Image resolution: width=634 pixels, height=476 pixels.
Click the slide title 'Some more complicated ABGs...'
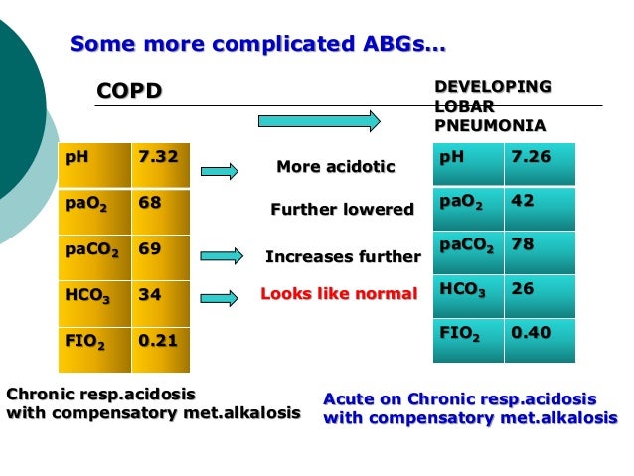pyautogui.click(x=257, y=45)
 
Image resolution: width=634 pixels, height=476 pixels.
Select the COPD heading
pyautogui.click(x=128, y=92)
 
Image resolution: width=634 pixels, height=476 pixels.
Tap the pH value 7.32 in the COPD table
pyautogui.click(x=158, y=157)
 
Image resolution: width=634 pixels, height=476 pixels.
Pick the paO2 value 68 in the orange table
pyautogui.click(x=150, y=203)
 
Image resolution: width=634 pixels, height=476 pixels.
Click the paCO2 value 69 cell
pyautogui.click(x=150, y=249)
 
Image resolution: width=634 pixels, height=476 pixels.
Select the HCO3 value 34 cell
pyautogui.click(x=150, y=295)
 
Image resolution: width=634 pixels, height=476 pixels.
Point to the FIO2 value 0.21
pyautogui.click(x=158, y=341)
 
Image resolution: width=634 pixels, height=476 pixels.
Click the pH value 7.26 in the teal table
pyautogui.click(x=530, y=157)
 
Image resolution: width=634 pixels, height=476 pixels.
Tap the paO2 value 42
pyautogui.click(x=522, y=201)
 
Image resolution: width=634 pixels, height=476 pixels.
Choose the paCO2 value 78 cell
pyautogui.click(x=522, y=244)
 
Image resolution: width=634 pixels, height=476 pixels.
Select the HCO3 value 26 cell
pyautogui.click(x=522, y=289)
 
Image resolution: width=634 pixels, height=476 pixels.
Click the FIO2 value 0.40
pyautogui.click(x=530, y=333)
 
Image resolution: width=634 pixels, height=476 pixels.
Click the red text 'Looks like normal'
pyautogui.click(x=339, y=294)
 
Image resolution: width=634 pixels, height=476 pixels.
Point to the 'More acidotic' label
pyautogui.click(x=335, y=167)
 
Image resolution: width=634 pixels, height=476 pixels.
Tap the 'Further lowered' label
pyautogui.click(x=342, y=210)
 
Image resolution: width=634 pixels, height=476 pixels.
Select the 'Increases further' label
pyautogui.click(x=343, y=257)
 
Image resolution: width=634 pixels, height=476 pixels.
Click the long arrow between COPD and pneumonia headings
pyautogui.click(x=319, y=121)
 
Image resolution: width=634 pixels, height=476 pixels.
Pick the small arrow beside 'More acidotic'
pyautogui.click(x=219, y=171)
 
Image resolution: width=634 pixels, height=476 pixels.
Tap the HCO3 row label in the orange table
pyautogui.click(x=86, y=296)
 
